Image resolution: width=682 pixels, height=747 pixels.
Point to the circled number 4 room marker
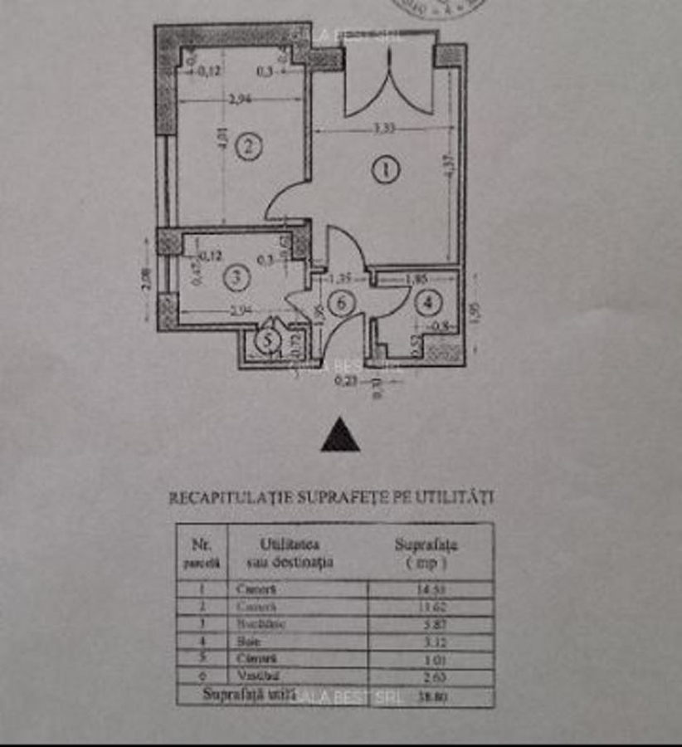[x=427, y=303]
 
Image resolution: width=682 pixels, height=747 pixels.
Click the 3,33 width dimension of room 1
[x=383, y=129]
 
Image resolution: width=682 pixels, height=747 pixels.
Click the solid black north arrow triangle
[x=340, y=436]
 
